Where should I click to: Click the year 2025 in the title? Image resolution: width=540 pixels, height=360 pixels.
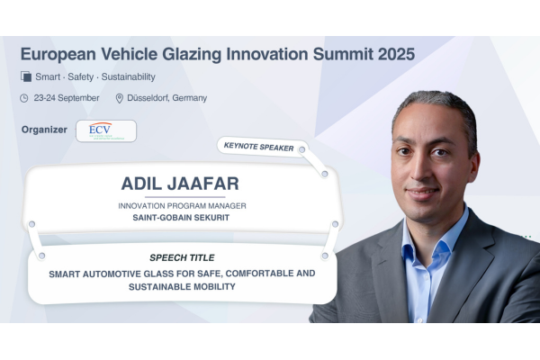[x=396, y=54]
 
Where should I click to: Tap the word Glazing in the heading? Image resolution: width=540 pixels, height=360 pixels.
[x=192, y=55]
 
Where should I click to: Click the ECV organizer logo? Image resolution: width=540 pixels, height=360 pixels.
[x=106, y=130]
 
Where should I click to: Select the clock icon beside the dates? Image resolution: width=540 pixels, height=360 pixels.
[x=24, y=98]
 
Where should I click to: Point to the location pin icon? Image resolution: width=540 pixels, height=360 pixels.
[x=119, y=98]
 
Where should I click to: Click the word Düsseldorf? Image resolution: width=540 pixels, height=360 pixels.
[x=148, y=98]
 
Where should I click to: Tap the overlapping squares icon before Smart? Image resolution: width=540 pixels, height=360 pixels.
[x=26, y=76]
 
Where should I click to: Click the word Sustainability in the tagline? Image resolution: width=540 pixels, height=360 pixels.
[x=128, y=76]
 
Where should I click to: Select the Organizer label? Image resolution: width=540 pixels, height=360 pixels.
[x=44, y=130]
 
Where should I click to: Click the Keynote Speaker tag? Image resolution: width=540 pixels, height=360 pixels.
[x=263, y=148]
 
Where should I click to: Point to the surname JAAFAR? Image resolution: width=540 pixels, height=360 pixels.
[x=203, y=184]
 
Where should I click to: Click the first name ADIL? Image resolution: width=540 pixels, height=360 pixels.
[x=141, y=184]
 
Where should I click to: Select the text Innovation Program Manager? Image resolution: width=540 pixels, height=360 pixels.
[x=182, y=206]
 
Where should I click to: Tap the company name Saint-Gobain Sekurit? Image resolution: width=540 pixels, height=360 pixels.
[x=181, y=218]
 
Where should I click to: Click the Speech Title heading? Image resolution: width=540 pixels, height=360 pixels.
[x=182, y=257]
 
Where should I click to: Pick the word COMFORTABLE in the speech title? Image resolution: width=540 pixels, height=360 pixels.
[x=258, y=274]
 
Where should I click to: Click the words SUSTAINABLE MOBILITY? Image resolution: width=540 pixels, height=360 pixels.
[x=182, y=287]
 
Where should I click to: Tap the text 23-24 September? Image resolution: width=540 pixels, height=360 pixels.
[x=67, y=98]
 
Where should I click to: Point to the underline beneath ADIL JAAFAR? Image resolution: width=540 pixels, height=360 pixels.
[x=184, y=197]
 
